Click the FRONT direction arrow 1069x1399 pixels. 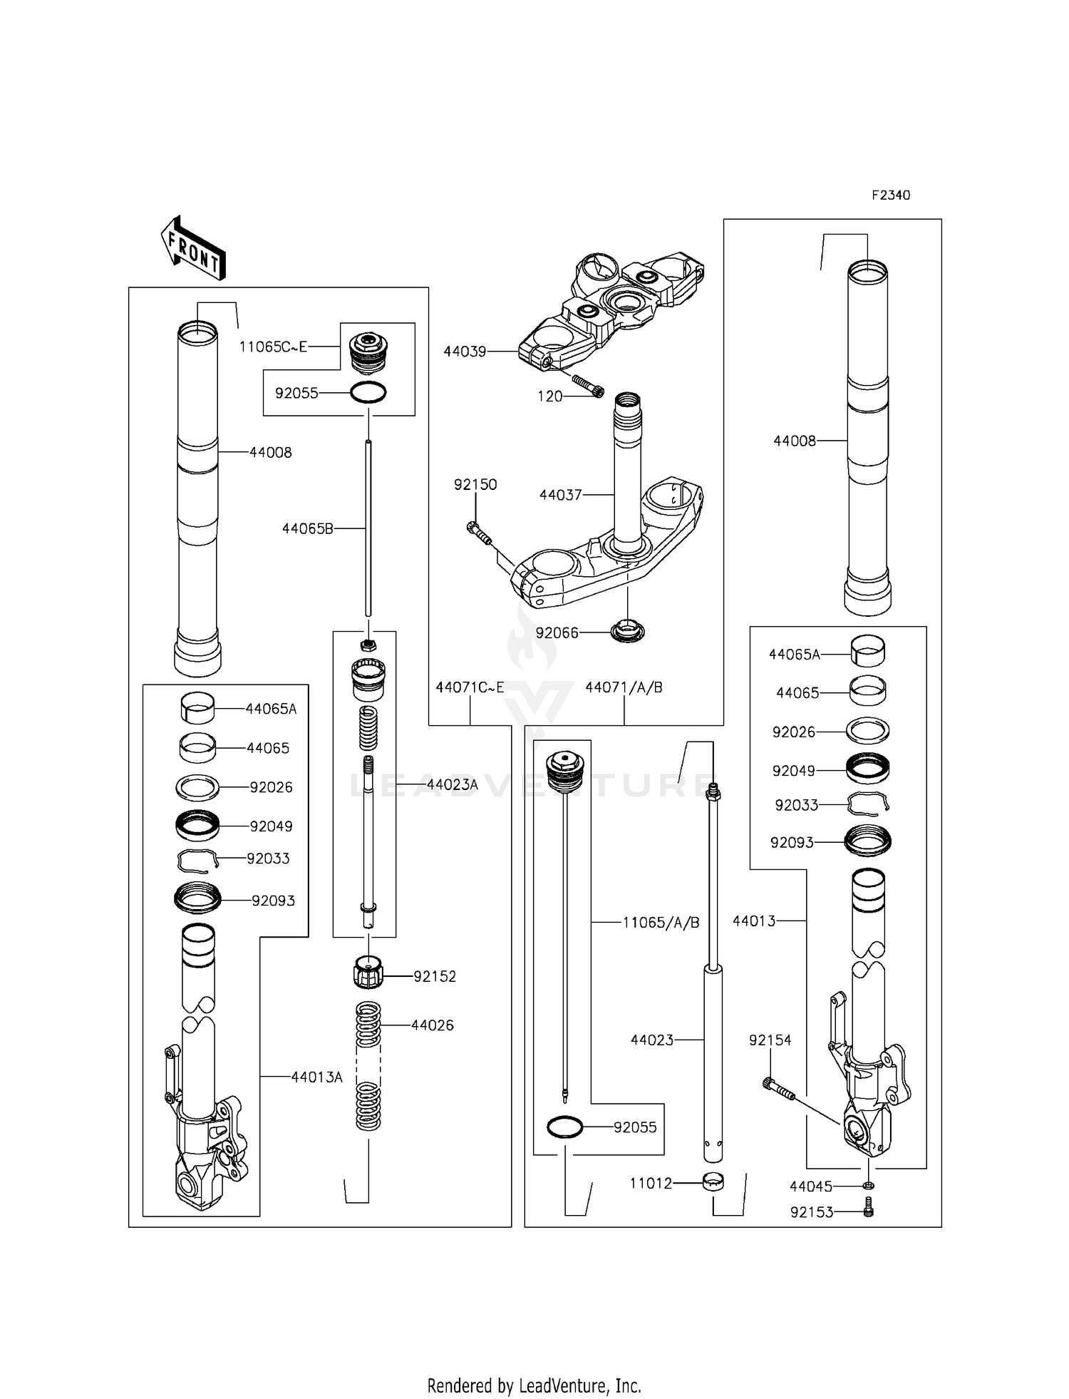pyautogui.click(x=193, y=248)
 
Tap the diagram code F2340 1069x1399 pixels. pyautogui.click(x=890, y=195)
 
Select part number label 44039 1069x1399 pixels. pyautogui.click(x=465, y=352)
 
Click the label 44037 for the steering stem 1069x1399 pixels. pyautogui.click(x=560, y=495)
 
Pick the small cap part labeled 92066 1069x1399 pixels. pyautogui.click(x=628, y=631)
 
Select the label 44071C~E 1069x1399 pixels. pyautogui.click(x=470, y=687)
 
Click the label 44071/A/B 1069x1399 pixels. pyautogui.click(x=624, y=687)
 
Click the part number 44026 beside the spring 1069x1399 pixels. pyautogui.click(x=432, y=1025)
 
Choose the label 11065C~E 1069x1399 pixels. pyautogui.click(x=273, y=347)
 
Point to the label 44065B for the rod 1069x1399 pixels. pyautogui.click(x=307, y=528)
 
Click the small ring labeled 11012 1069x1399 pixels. pyautogui.click(x=712, y=1183)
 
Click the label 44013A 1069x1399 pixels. pyautogui.click(x=316, y=1077)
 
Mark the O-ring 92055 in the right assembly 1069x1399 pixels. pyautogui.click(x=564, y=1127)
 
